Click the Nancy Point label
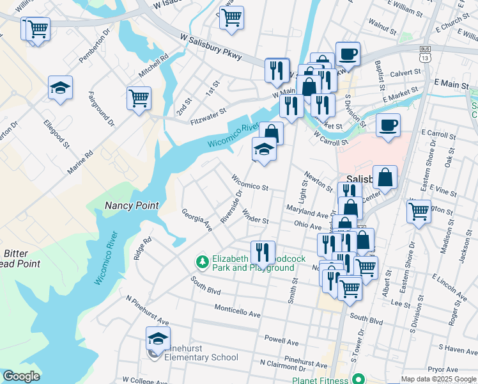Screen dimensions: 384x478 coord(131,205)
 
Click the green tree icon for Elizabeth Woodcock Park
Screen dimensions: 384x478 coord(203,261)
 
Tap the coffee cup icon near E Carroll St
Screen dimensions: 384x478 coord(388,125)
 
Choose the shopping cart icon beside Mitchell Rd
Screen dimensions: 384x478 coord(139,99)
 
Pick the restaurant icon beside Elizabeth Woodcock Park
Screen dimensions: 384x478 coord(263,252)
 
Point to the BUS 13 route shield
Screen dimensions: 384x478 coord(424,54)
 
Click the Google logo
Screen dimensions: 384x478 coord(21,376)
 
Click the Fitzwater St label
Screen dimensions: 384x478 coord(208,115)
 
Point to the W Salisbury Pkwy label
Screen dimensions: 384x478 coord(212,48)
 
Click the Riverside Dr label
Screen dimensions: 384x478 coord(232,205)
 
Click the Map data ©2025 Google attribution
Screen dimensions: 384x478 coord(438,379)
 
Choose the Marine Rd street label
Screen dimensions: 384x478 coord(81,163)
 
